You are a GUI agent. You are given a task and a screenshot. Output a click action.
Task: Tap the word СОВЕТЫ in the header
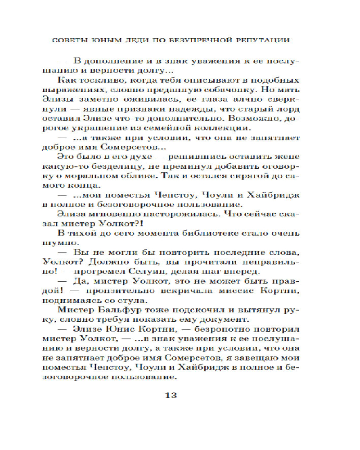(72, 39)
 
